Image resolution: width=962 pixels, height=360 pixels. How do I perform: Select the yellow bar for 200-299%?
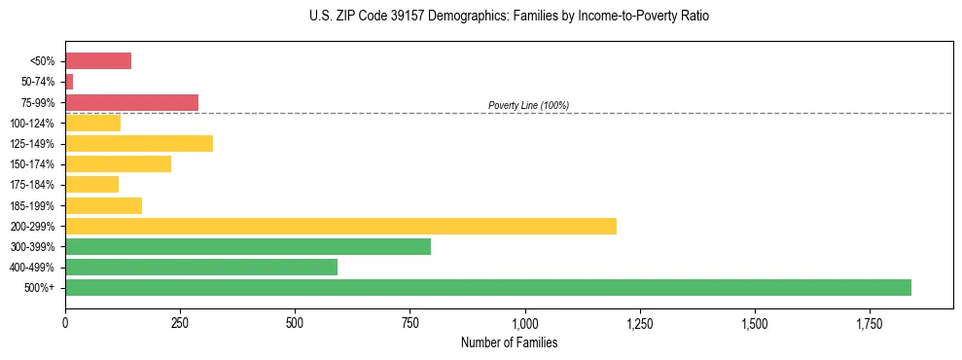pyautogui.click(x=340, y=226)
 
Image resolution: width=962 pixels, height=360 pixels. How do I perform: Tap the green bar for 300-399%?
pyautogui.click(x=248, y=246)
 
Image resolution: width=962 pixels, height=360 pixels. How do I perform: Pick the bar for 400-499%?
pyautogui.click(x=201, y=267)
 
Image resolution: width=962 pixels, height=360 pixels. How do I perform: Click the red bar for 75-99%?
pyautogui.click(x=131, y=102)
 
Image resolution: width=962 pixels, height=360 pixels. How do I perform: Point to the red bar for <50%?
pyautogui.click(x=98, y=61)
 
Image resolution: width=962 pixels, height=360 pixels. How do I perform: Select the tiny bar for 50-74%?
pyautogui.click(x=69, y=82)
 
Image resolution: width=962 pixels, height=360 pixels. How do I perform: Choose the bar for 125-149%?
pyautogui.click(x=139, y=143)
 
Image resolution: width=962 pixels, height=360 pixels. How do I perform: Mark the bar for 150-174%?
pyautogui.click(x=118, y=163)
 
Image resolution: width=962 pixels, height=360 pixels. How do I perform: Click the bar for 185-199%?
pyautogui.click(x=103, y=205)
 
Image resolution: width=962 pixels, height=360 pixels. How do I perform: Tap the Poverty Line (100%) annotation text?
pyautogui.click(x=528, y=105)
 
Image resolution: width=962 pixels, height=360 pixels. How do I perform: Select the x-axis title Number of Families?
pyautogui.click(x=510, y=342)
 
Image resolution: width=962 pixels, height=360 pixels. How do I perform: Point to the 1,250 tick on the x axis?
pyautogui.click(x=640, y=322)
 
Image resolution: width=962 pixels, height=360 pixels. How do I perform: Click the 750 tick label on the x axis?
pyautogui.click(x=410, y=322)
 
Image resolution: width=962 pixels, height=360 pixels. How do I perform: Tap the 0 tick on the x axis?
pyautogui.click(x=65, y=322)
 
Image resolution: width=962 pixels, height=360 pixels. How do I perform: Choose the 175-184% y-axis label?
pyautogui.click(x=32, y=185)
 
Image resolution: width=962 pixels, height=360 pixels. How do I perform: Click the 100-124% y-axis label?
pyautogui.click(x=32, y=124)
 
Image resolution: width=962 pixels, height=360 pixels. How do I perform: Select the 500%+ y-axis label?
pyautogui.click(x=39, y=288)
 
